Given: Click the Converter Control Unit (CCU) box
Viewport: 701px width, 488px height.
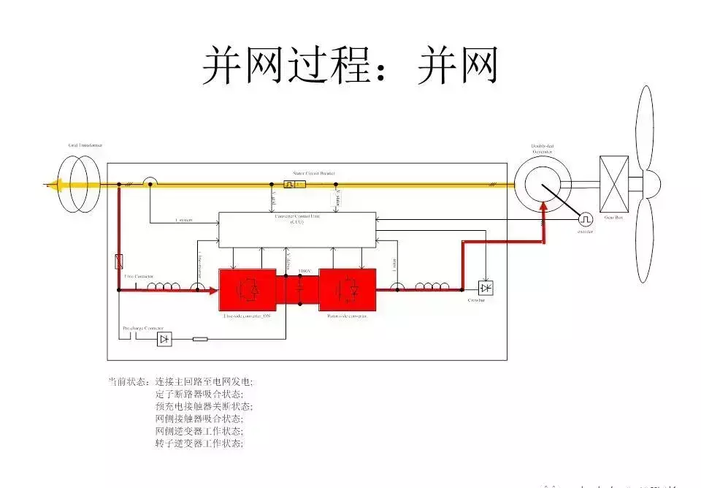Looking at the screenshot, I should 298,229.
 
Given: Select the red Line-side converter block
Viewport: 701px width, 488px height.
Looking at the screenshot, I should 248,290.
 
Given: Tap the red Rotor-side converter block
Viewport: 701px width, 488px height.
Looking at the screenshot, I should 346,290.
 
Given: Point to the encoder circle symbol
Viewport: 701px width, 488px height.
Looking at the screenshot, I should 586,219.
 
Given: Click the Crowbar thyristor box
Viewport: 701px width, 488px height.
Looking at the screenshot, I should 486,289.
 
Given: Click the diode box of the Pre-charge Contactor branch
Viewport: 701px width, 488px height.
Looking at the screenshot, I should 165,339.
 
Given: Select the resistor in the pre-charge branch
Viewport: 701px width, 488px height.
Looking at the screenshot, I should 199,339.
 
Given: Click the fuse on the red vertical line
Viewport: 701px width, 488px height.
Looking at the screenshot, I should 119,260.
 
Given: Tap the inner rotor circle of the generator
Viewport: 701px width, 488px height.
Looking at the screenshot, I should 544,186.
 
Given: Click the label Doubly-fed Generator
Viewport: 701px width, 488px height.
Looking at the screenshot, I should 542,149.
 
